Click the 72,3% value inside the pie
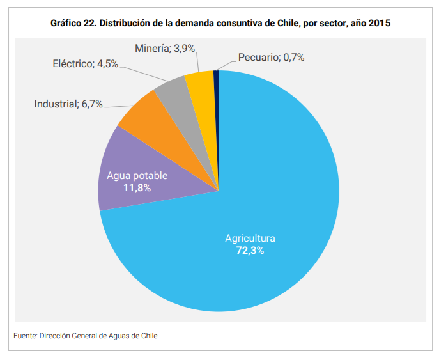pos(250,251)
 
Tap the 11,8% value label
pos(137,187)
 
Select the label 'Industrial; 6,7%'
pos(68,104)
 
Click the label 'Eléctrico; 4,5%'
pos(85,64)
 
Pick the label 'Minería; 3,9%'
pos(165,48)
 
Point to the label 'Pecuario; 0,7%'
pos(271,58)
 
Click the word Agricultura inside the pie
pos(250,239)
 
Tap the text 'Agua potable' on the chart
pos(137,176)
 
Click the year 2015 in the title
pos(378,22)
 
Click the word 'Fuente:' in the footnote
pos(25,335)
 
